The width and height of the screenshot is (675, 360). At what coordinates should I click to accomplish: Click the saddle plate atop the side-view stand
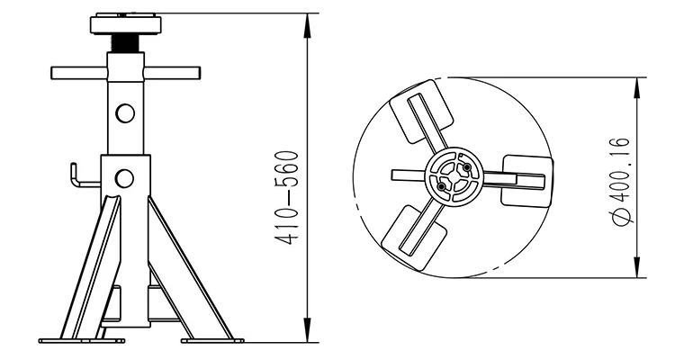125,22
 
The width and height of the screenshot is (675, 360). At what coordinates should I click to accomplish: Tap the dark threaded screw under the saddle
125,43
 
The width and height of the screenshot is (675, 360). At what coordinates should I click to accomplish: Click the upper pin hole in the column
125,112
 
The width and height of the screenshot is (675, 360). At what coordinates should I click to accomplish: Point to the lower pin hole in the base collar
125,175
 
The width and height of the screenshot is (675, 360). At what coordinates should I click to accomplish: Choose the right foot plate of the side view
212,339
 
